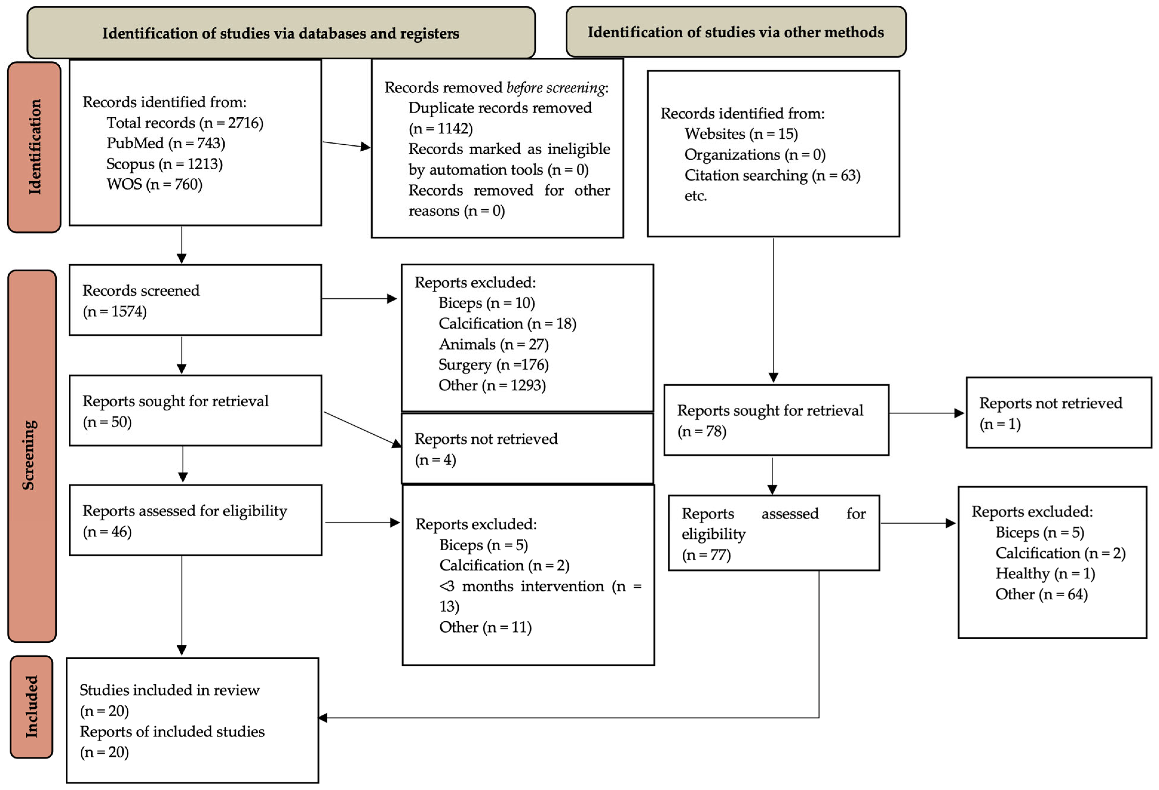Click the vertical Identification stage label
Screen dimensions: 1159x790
[34, 147]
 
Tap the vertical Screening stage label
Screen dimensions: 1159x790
[29, 455]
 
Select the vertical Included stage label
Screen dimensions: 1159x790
[31, 707]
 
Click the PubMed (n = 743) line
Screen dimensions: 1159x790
[165, 143]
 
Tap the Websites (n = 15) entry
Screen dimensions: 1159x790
[741, 134]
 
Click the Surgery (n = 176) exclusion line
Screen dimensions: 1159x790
[494, 365]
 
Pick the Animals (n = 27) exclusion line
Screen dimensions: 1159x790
[494, 344]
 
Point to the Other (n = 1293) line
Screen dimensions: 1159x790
[492, 385]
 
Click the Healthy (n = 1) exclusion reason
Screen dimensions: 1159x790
[1045, 574]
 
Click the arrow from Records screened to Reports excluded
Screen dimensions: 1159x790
[359, 299]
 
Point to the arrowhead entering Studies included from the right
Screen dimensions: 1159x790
[323, 718]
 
